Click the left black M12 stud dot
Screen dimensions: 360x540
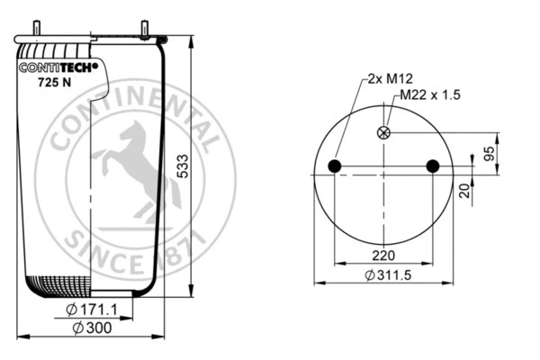[x=335, y=166]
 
